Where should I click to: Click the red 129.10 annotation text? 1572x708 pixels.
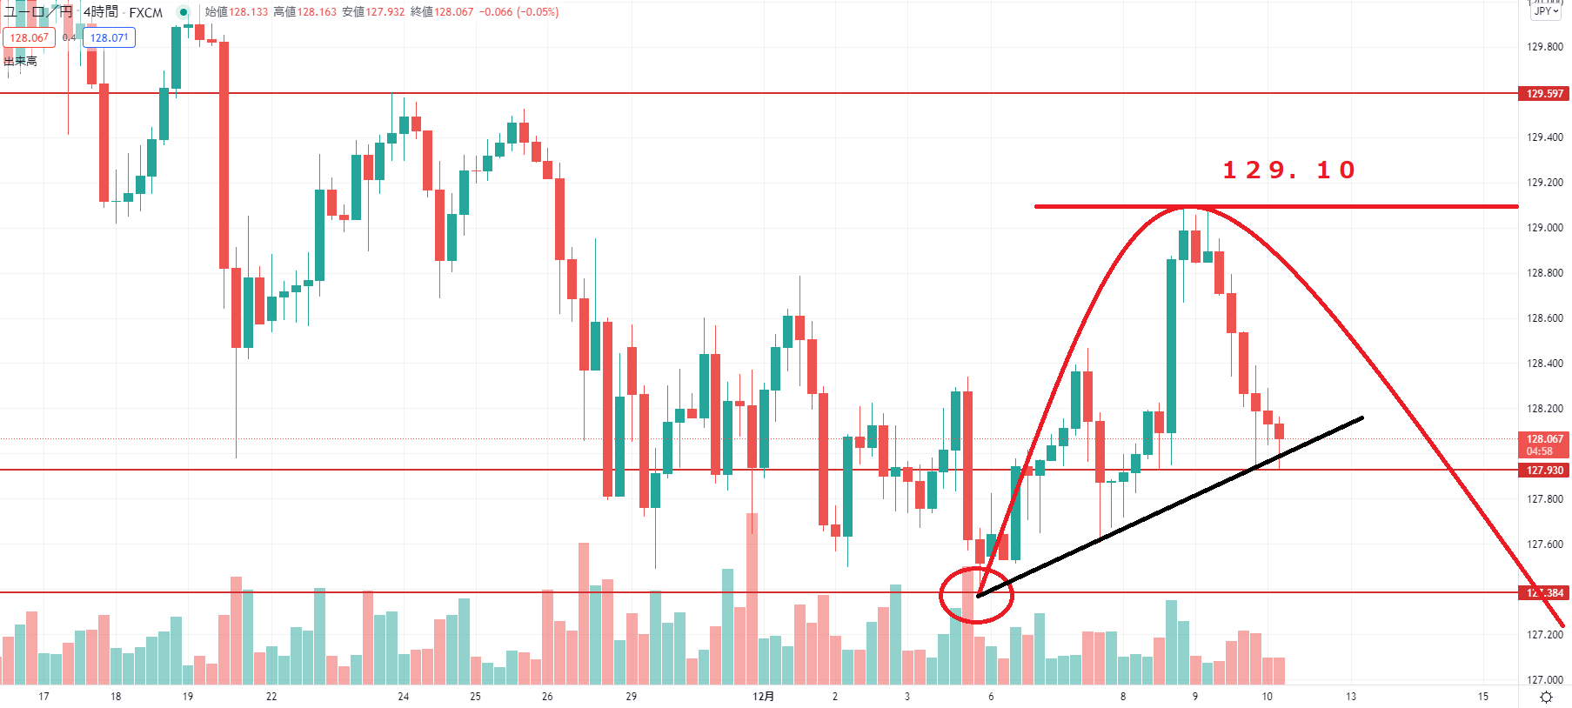[x=1288, y=170]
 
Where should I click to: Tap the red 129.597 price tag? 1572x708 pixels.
[x=1544, y=94]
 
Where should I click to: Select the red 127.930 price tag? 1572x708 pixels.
[x=1544, y=471]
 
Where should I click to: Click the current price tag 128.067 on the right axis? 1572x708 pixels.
[x=1544, y=440]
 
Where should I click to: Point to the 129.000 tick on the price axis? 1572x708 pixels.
[x=1544, y=228]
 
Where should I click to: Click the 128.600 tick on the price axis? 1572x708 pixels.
[x=1544, y=318]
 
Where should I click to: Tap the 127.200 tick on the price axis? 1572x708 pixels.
[x=1544, y=635]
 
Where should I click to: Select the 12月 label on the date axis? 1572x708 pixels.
[x=763, y=697]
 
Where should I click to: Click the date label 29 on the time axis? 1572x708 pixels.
[x=631, y=697]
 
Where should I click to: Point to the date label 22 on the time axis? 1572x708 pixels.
[x=271, y=697]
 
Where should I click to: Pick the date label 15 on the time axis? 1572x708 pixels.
[x=1482, y=697]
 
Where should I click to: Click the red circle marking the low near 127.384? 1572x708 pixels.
[x=976, y=595]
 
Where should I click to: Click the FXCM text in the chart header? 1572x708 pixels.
[x=146, y=13]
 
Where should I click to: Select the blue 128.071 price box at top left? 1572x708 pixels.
[x=110, y=38]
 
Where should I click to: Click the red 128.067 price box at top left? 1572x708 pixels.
[x=30, y=38]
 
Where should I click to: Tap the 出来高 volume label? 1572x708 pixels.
[x=20, y=61]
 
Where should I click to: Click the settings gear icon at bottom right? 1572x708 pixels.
[x=1546, y=698]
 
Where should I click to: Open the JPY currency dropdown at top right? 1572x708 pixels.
[x=1546, y=11]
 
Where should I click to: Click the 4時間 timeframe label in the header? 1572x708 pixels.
[x=101, y=12]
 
